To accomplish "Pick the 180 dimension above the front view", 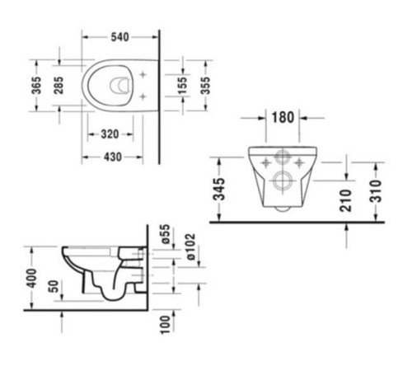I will [x=283, y=117].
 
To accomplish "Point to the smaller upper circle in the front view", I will [x=283, y=158].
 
